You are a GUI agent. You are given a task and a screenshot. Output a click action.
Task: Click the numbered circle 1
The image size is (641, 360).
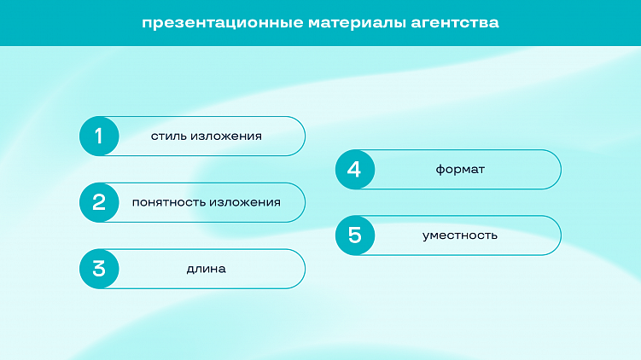point(99,136)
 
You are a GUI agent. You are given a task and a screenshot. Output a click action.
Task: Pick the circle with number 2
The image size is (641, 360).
point(99,202)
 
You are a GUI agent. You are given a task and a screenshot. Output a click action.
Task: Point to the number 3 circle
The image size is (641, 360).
point(99,269)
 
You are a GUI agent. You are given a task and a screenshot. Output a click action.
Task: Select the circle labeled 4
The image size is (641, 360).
point(355,169)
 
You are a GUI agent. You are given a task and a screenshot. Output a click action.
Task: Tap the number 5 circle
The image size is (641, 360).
point(355,235)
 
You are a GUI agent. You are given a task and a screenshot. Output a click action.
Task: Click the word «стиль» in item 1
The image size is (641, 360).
point(168,136)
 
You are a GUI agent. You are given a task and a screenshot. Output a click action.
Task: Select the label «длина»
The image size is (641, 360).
point(206,270)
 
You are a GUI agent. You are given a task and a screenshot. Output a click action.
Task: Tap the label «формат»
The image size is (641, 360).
point(460,170)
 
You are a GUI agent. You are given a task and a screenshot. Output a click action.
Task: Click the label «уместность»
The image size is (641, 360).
point(460,235)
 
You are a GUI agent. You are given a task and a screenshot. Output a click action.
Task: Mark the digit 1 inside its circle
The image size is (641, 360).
point(99,136)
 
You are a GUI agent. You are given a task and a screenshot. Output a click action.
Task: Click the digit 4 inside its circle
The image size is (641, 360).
point(355,169)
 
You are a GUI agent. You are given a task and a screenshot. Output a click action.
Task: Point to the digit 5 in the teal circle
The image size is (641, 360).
point(355,235)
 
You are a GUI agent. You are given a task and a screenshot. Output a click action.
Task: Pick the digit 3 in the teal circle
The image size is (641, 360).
point(99,269)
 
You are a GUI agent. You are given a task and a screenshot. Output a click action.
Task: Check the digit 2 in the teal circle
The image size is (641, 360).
point(99,202)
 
